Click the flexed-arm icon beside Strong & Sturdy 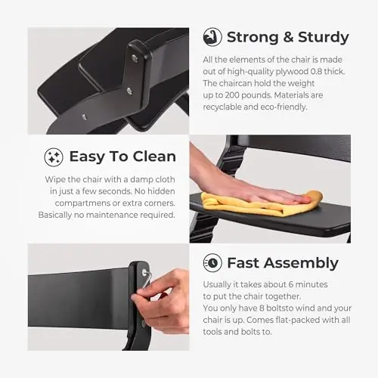point(212,37)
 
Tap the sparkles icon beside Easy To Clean point(54,157)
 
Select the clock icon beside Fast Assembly point(212,263)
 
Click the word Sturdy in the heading point(324,38)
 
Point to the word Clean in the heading point(154,156)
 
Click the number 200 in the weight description point(232,95)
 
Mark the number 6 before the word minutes point(291,284)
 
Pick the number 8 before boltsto point(262,308)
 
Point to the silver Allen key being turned point(146,279)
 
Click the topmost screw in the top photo point(135,59)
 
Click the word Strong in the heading point(253,38)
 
